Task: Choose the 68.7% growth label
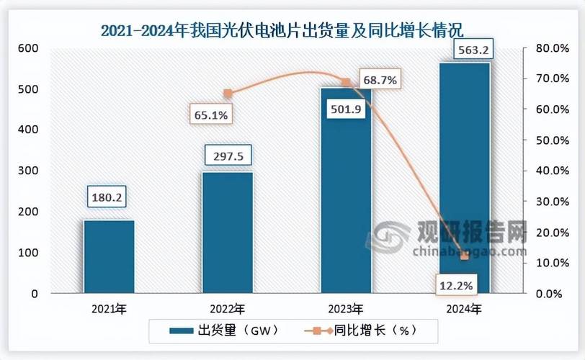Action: (x=380, y=81)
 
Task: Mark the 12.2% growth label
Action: (x=455, y=286)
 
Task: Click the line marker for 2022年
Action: (x=228, y=93)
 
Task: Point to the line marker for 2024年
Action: (x=465, y=256)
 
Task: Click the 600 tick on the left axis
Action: (x=27, y=48)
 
